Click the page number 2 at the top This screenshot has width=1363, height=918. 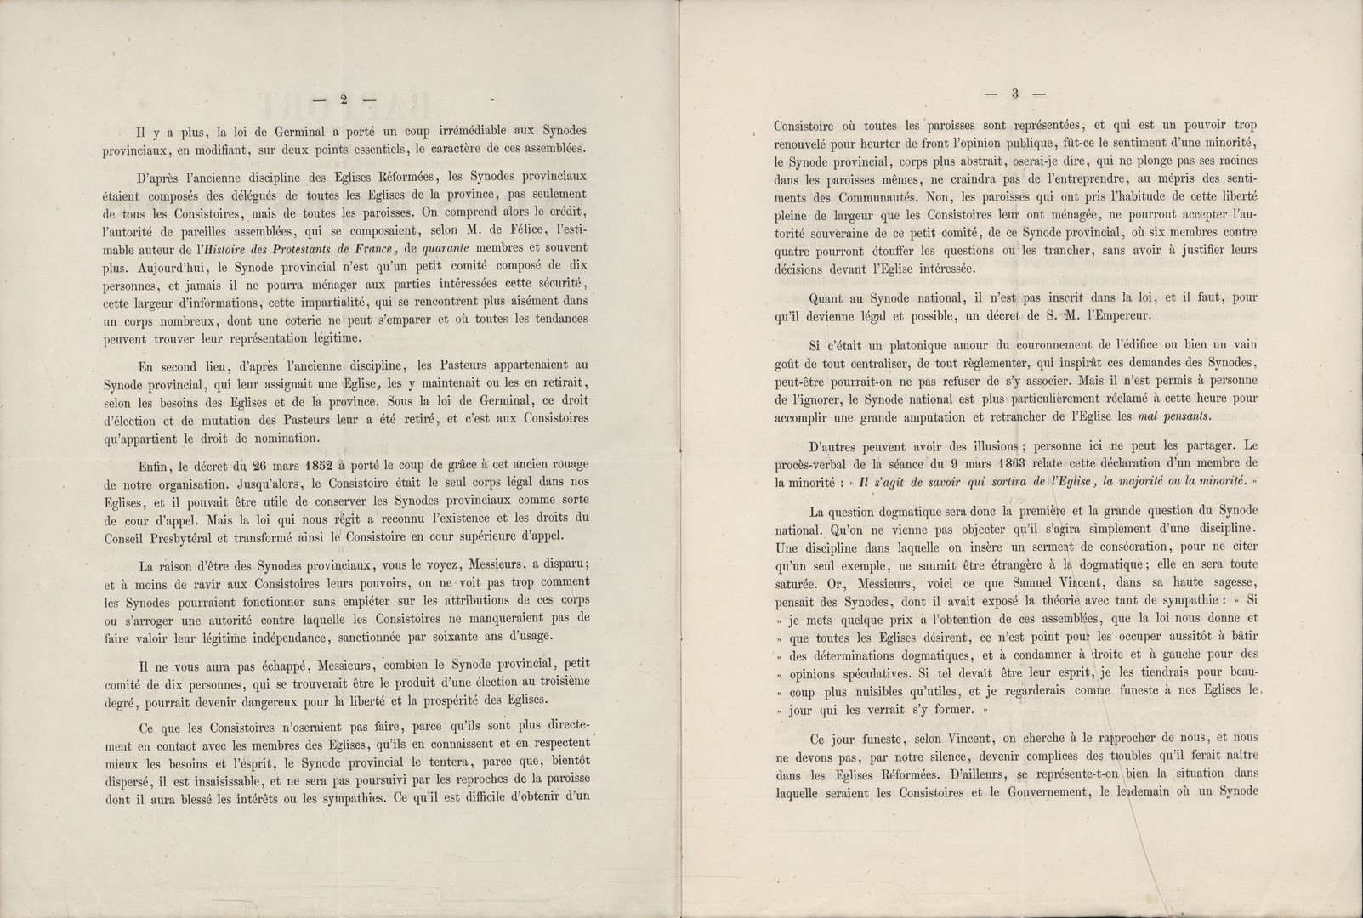click(x=344, y=99)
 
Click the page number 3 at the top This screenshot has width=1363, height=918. click(x=1014, y=93)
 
